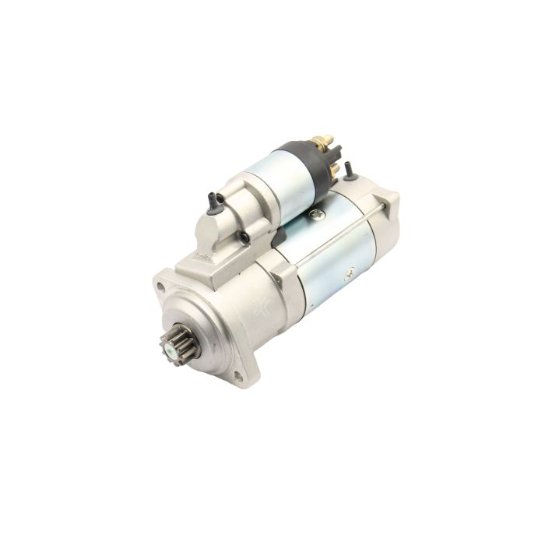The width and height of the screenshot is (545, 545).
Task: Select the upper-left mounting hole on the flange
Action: pos(161,286)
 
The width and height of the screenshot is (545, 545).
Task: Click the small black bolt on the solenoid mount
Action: pos(244,237)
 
